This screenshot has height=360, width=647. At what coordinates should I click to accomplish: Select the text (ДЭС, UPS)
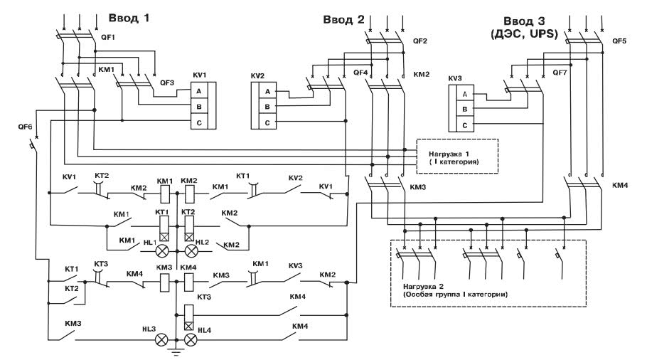click(x=528, y=32)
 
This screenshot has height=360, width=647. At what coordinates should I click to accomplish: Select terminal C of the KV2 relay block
click(x=267, y=122)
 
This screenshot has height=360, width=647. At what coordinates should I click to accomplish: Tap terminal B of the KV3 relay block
click(x=464, y=110)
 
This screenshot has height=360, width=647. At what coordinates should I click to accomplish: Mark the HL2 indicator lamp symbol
click(x=190, y=251)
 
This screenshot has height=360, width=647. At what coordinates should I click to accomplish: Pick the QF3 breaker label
click(x=166, y=83)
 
